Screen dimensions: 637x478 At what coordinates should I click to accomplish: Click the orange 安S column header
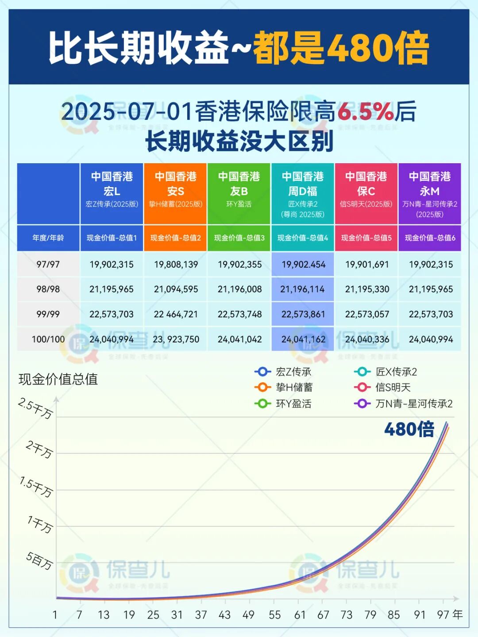(x=175, y=194)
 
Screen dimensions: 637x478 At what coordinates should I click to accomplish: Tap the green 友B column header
(x=239, y=194)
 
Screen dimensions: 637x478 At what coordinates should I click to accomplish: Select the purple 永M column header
(x=430, y=194)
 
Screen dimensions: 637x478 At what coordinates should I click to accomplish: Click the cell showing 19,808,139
(x=176, y=265)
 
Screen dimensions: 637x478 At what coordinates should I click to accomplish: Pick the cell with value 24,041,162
(x=303, y=339)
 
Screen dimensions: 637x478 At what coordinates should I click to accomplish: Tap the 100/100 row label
(x=48, y=339)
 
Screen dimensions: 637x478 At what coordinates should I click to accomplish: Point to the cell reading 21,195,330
(x=367, y=289)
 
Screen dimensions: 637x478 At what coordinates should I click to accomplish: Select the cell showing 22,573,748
(x=239, y=315)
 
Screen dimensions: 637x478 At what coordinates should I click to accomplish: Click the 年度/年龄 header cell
(x=48, y=238)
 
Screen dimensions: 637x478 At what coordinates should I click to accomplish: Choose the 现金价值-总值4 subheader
(x=303, y=238)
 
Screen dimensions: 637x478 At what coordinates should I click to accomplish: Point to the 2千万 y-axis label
(x=39, y=449)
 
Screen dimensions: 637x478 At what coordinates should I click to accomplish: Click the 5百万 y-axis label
(x=39, y=560)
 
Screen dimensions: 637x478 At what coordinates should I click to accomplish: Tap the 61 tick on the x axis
(x=300, y=615)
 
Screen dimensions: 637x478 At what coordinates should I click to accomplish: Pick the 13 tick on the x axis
(x=104, y=615)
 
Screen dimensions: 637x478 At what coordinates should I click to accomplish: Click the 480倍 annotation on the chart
(x=409, y=429)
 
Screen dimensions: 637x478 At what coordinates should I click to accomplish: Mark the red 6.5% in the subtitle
(x=366, y=111)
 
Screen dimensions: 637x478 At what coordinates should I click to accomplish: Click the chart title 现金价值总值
(x=58, y=379)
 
